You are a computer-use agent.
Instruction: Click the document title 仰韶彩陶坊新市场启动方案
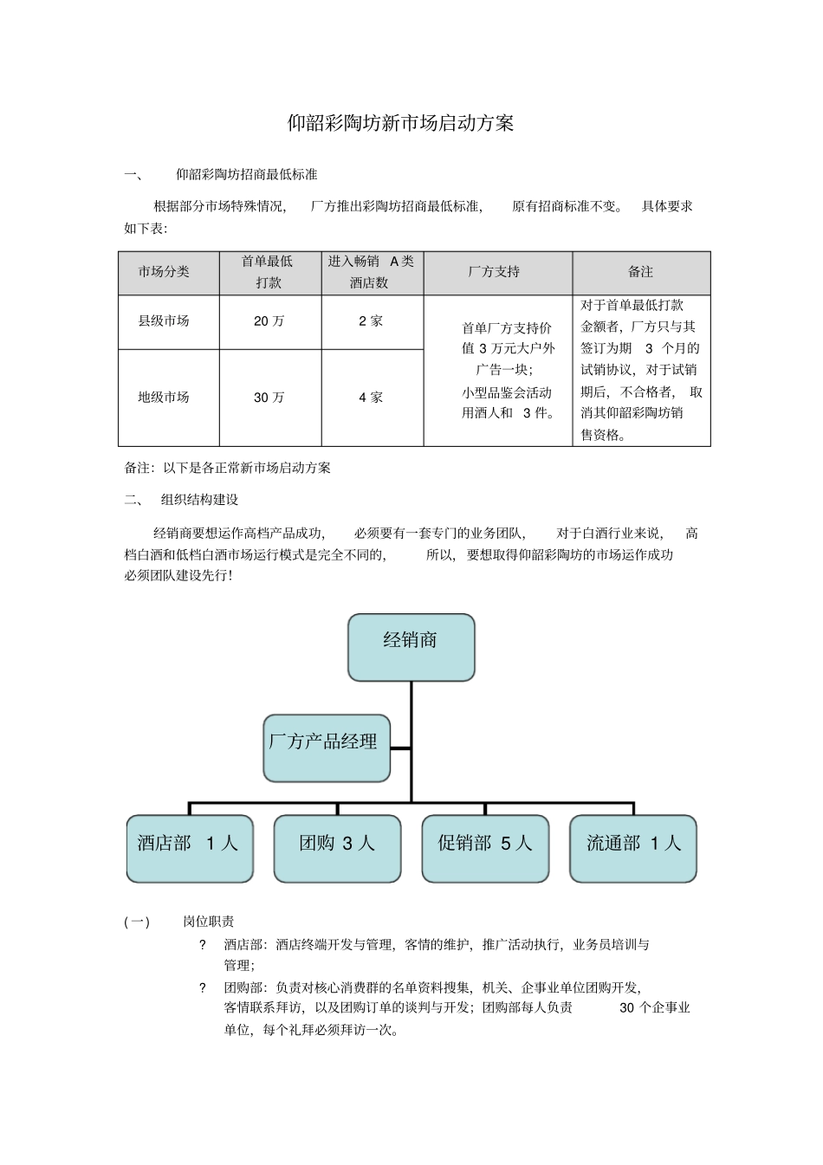coord(400,124)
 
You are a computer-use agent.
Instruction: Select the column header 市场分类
coord(164,272)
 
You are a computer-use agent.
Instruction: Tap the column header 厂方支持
coord(494,272)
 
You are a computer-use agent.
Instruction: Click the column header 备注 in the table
coord(640,272)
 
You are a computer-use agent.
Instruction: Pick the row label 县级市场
coord(164,321)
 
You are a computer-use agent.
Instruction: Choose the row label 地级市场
coord(164,398)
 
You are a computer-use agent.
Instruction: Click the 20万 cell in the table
coord(269,321)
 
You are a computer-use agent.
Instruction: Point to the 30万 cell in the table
coord(269,398)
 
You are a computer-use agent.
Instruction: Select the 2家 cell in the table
coord(371,321)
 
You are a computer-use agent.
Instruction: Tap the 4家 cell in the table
coord(371,398)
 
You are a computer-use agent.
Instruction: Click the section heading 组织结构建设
coord(199,500)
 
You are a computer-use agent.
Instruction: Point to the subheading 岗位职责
coord(208,922)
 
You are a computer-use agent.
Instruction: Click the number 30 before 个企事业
coord(627,1008)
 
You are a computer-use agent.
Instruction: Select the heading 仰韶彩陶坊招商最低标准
coord(246,174)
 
